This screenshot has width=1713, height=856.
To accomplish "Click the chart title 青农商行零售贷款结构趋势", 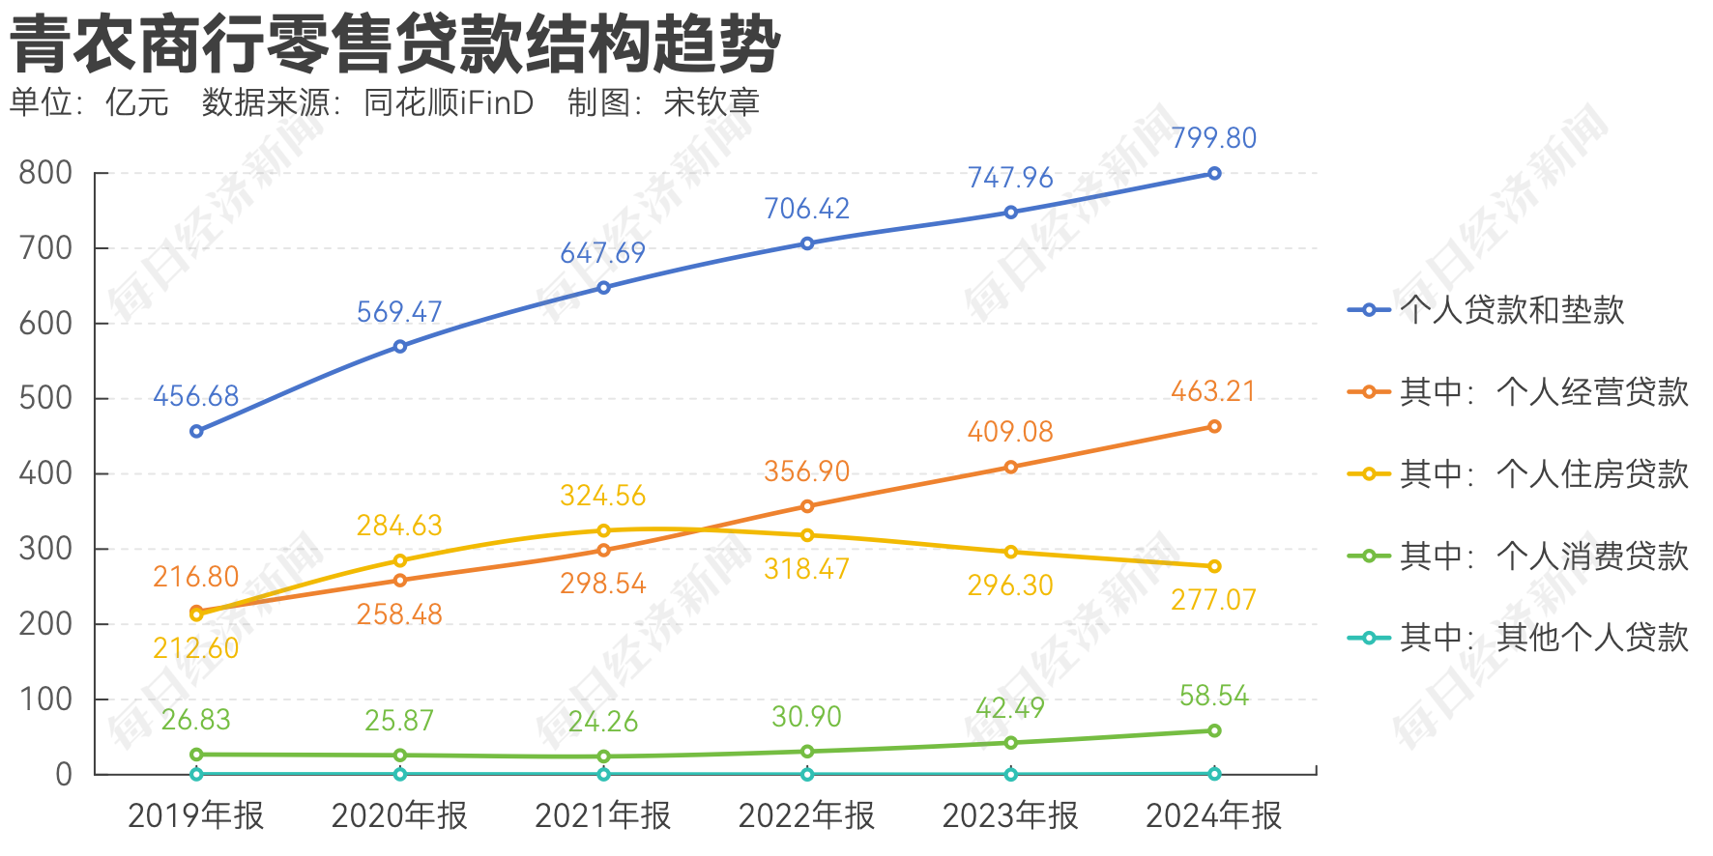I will (395, 43).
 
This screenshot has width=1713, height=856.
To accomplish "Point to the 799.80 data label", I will (1213, 138).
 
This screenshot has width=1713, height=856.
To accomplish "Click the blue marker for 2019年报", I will (196, 431).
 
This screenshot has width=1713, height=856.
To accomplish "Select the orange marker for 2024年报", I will (1214, 426).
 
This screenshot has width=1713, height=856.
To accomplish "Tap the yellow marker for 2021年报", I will (603, 530).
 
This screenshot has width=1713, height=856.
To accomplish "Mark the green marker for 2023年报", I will (1011, 743).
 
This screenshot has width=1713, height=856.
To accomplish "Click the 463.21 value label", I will (1213, 391).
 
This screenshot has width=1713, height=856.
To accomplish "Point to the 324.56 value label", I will (602, 496).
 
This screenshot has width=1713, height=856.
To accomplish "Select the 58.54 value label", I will (1213, 696).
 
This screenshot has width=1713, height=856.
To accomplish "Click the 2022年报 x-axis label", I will (806, 816).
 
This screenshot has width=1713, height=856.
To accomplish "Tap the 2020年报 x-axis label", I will (399, 816).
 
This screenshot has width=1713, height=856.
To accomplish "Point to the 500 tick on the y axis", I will (45, 398).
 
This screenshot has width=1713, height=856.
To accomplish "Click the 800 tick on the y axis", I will (45, 173).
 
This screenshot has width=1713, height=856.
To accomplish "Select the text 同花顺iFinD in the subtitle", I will (449, 102).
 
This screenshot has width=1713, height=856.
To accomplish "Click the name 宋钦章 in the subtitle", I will (711, 102).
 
